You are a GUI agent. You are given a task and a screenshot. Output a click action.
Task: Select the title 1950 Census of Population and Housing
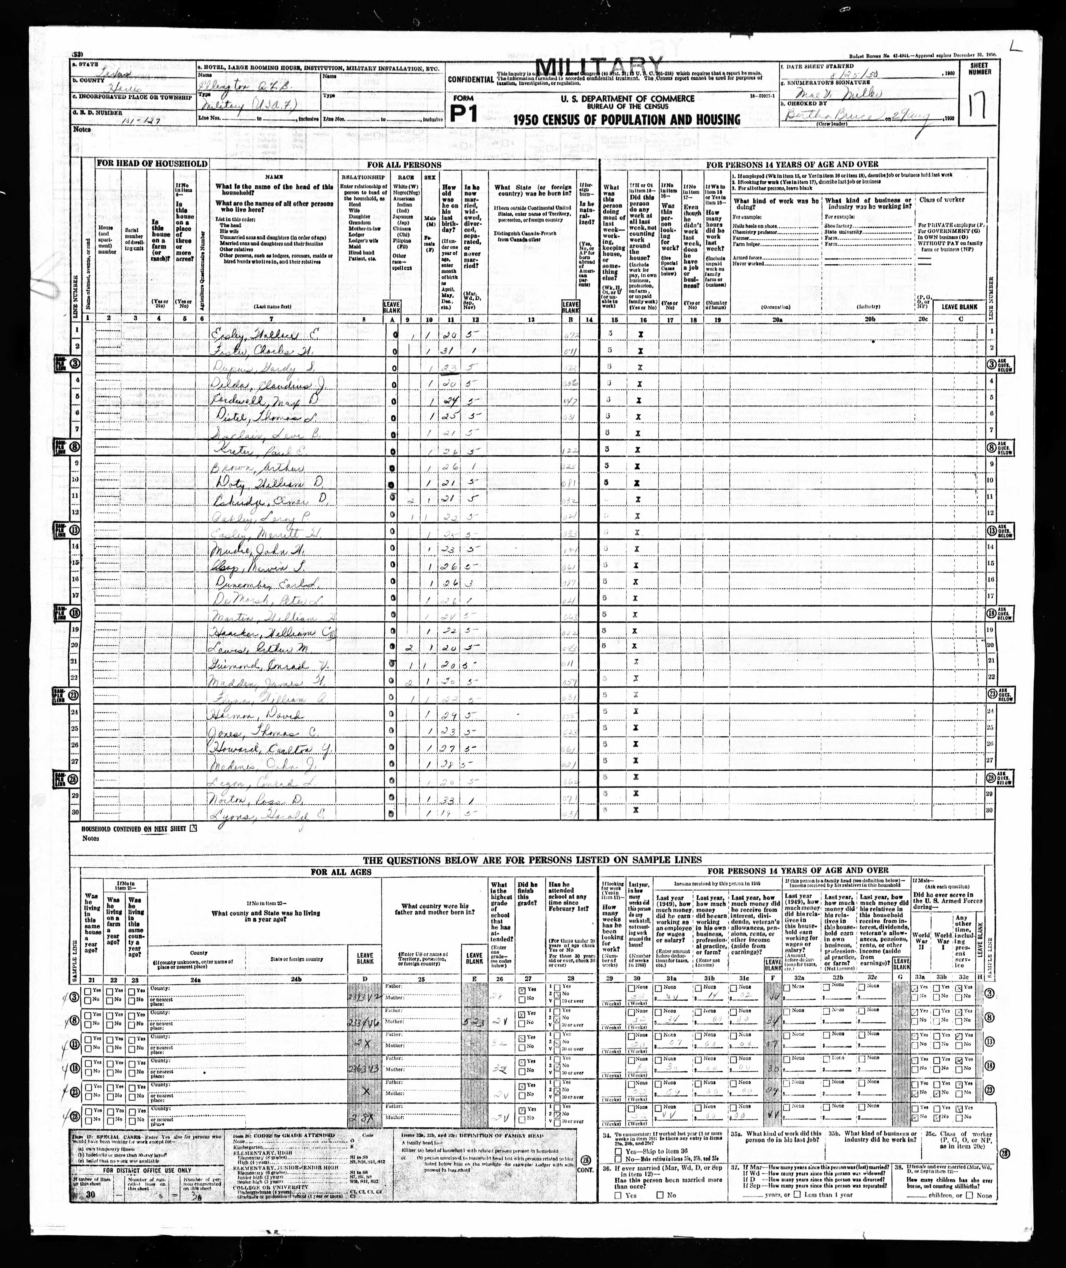(627, 120)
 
